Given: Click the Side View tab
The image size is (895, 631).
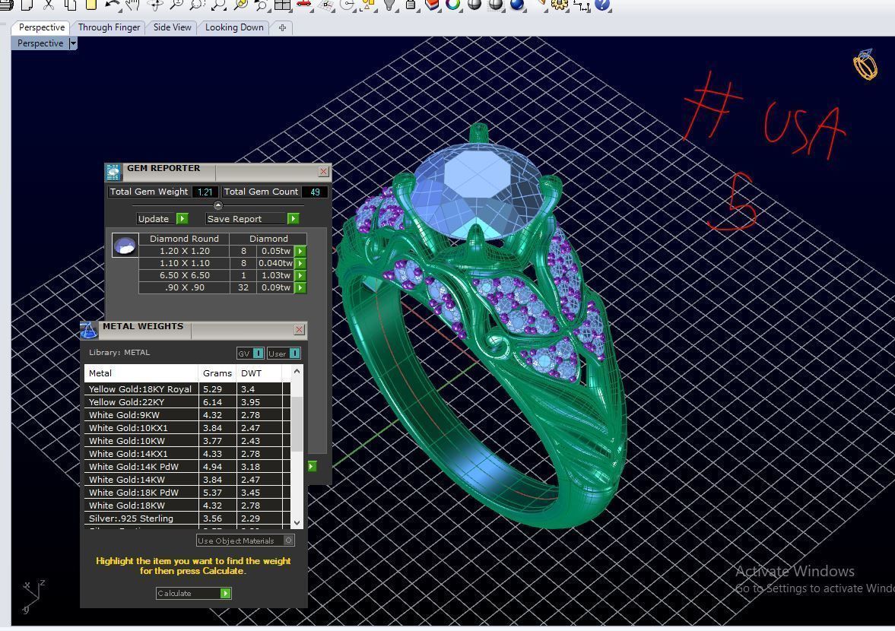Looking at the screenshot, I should click(x=172, y=27).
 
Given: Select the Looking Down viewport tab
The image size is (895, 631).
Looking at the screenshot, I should click(x=233, y=27).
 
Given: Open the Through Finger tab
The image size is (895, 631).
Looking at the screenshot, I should click(x=109, y=27).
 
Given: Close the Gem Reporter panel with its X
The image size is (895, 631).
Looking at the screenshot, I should click(x=323, y=172).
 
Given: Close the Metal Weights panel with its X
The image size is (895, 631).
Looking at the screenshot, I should click(x=299, y=329).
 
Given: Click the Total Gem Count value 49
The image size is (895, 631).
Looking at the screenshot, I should click(x=315, y=192).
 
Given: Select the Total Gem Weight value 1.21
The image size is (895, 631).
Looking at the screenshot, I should click(x=205, y=192).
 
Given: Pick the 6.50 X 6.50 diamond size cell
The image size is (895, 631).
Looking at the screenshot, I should click(x=184, y=275).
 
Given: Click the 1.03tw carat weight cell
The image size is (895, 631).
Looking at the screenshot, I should click(x=275, y=275).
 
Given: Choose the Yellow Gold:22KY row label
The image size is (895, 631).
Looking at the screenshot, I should click(x=126, y=402).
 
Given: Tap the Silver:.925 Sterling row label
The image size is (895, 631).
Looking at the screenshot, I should click(x=131, y=518).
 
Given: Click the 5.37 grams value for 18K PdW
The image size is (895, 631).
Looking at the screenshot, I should click(x=212, y=493).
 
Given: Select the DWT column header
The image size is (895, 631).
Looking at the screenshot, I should click(x=251, y=373).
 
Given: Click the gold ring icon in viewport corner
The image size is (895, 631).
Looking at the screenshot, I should click(x=865, y=65).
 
